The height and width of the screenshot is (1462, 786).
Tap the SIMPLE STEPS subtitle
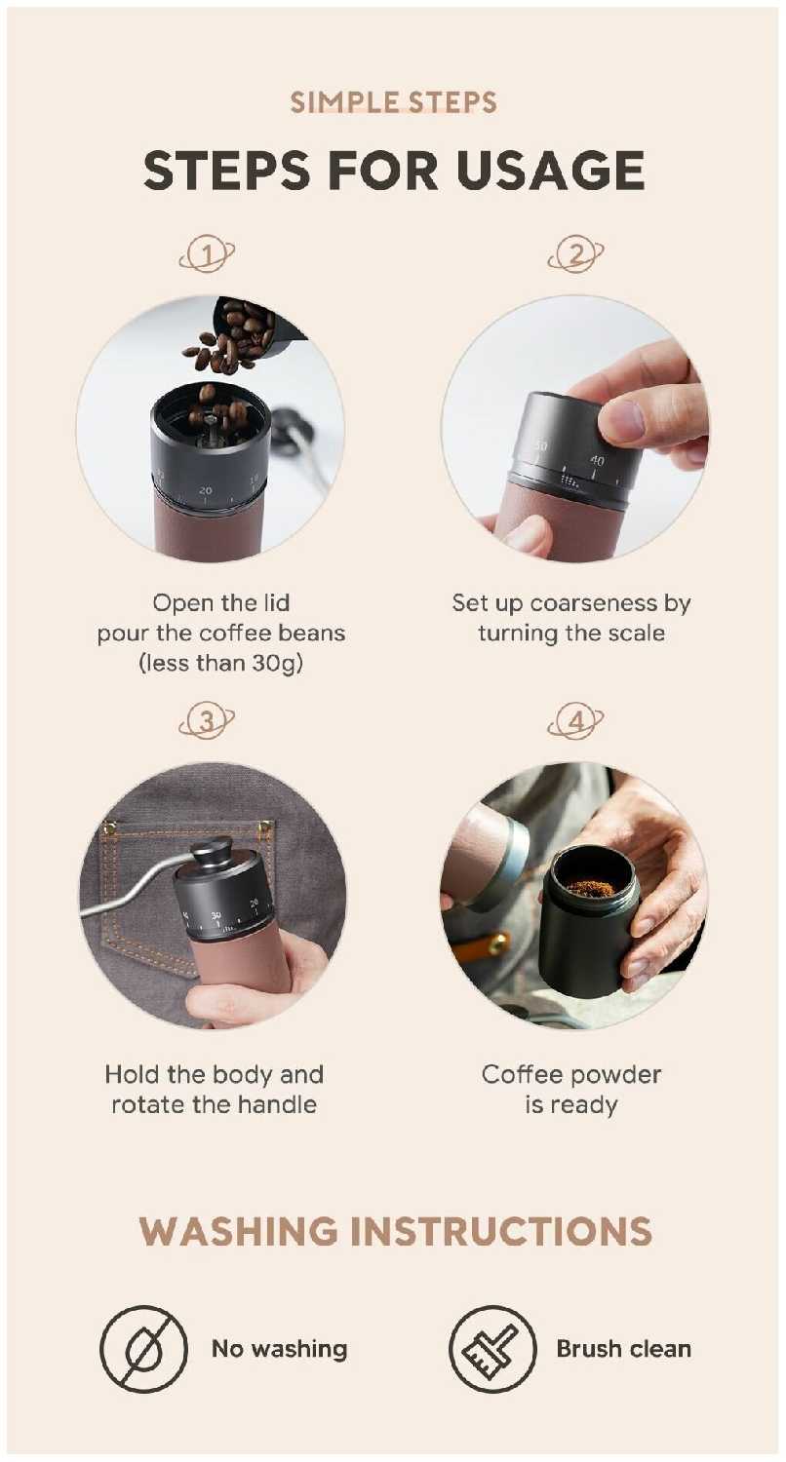tap(394, 102)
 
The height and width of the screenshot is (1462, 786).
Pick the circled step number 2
tap(575, 255)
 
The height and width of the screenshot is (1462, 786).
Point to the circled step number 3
tap(207, 721)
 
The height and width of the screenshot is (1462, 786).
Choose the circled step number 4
tap(575, 721)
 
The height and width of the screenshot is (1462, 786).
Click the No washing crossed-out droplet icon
tap(143, 1349)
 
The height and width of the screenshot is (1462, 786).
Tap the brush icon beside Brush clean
tap(492, 1349)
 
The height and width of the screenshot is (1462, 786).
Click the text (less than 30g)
tap(221, 664)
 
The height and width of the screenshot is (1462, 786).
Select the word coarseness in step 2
tap(590, 603)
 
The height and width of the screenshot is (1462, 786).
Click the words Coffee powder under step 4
tap(571, 1074)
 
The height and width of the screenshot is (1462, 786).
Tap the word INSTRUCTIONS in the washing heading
tap(500, 1231)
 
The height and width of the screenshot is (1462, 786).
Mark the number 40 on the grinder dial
tap(597, 460)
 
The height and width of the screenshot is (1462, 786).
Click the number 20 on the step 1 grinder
tap(206, 489)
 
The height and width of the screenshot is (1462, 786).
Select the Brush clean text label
tap(623, 1348)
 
